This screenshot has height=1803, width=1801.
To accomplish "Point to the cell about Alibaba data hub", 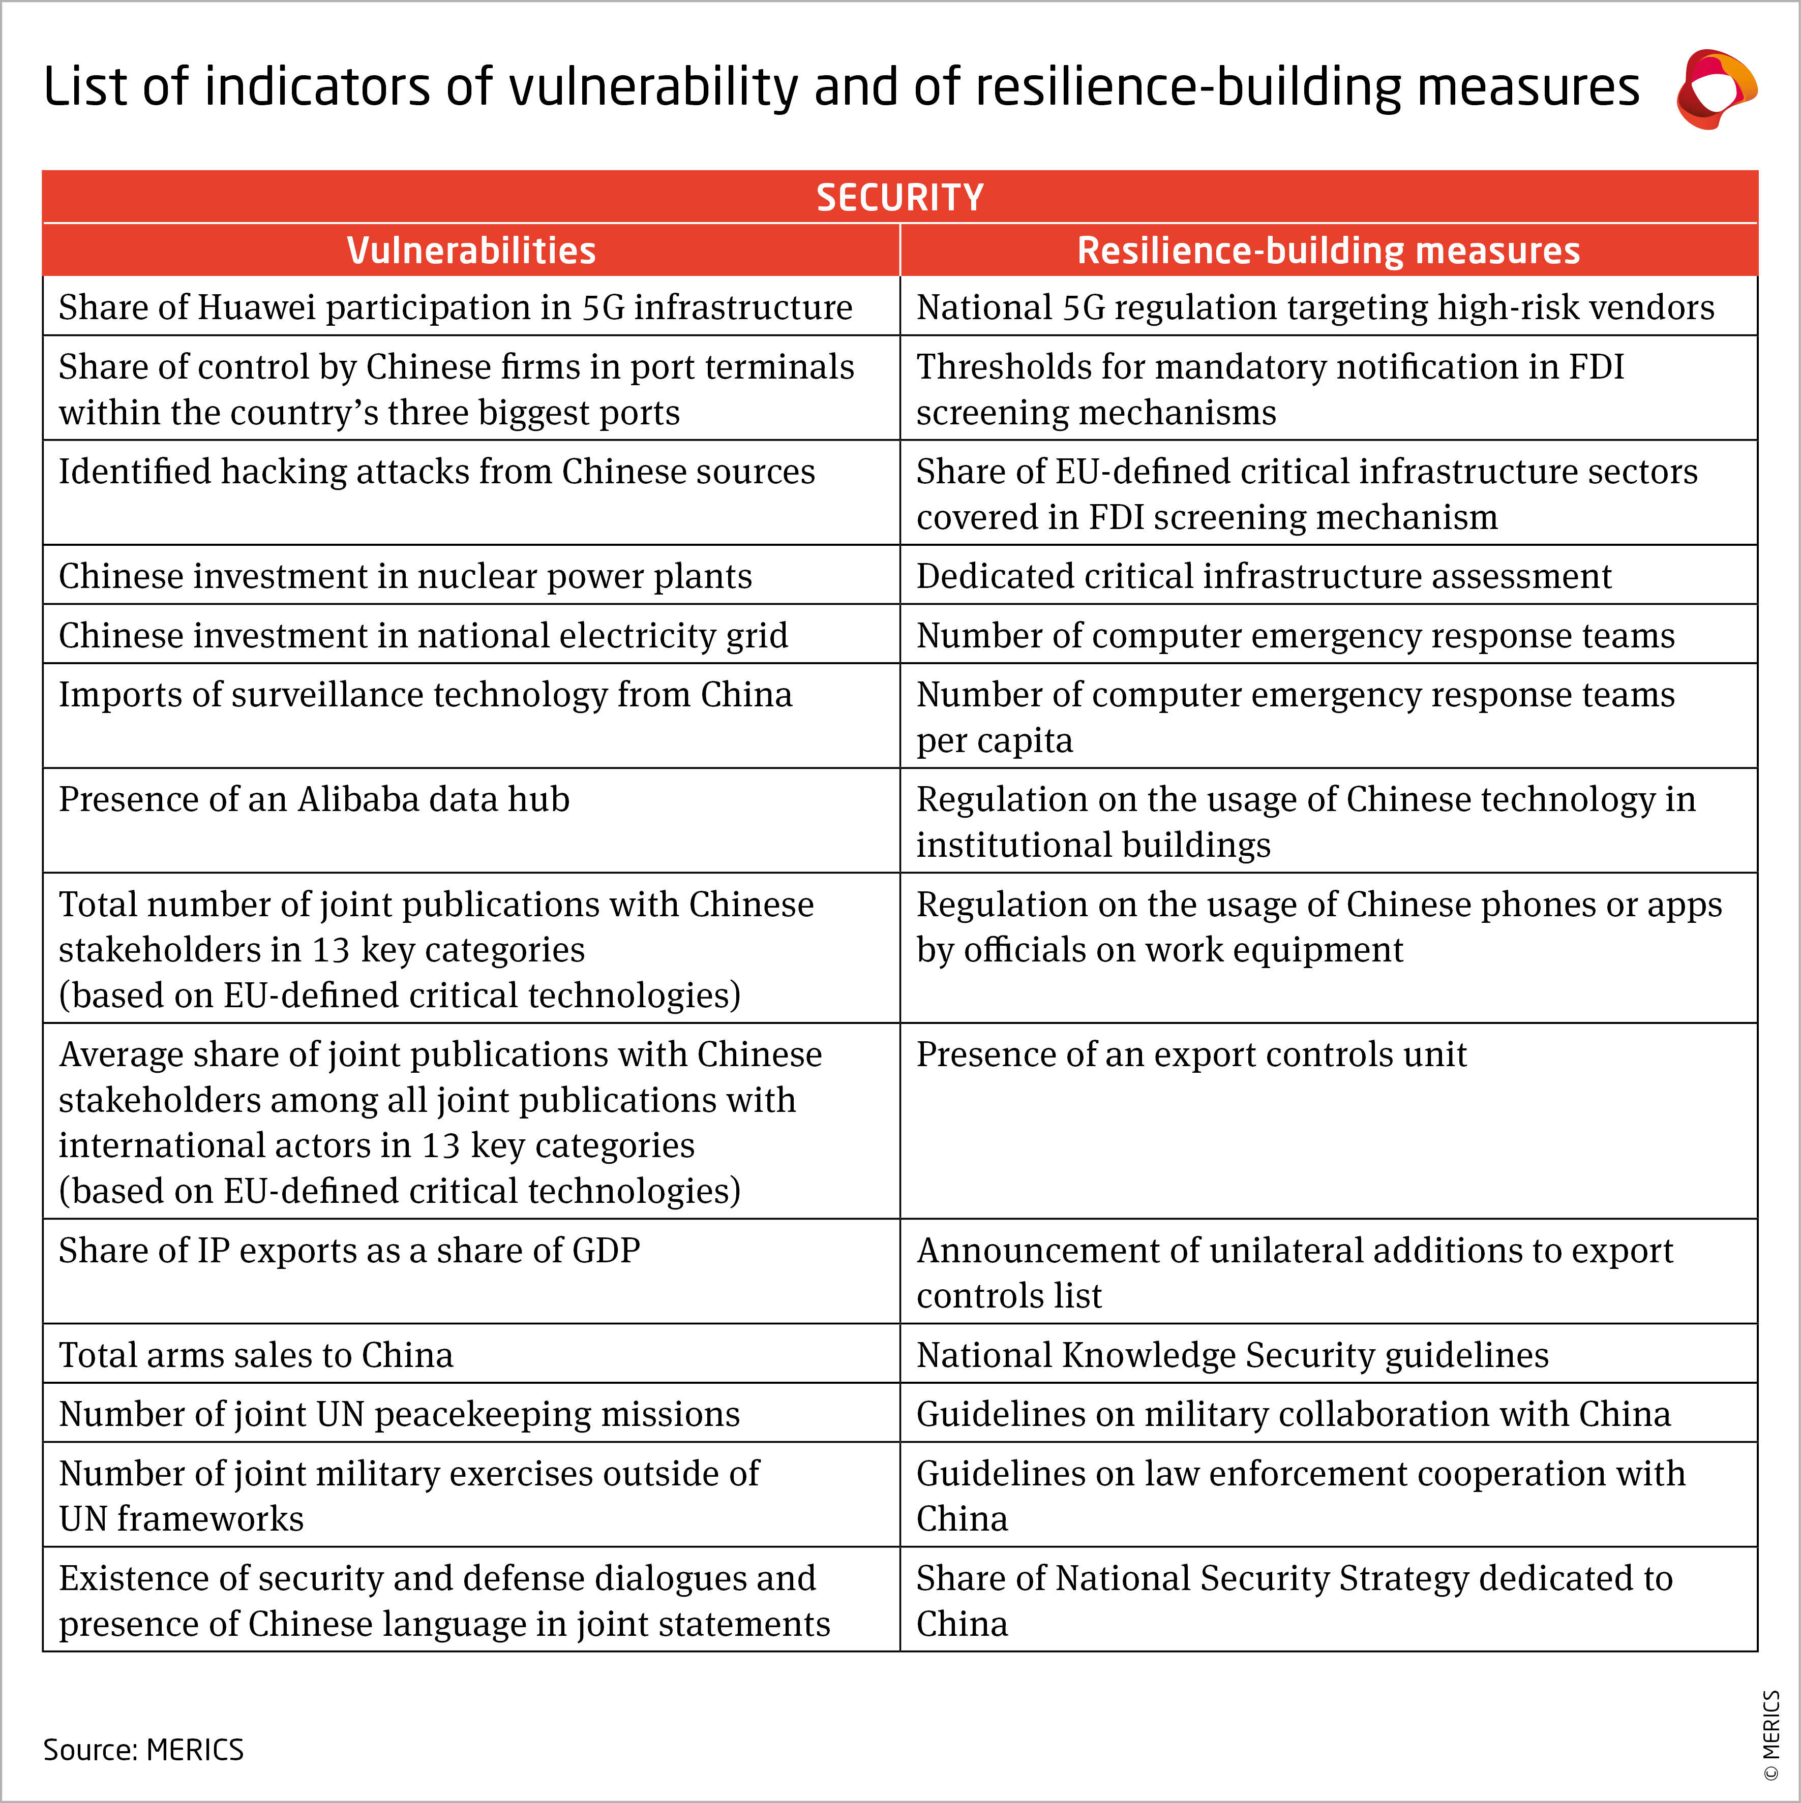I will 314,800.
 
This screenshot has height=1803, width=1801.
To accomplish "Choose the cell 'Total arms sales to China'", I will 256,1355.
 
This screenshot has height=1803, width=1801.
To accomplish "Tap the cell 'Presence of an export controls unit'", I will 1191,1054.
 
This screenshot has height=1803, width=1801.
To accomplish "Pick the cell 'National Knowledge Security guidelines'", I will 1233,1355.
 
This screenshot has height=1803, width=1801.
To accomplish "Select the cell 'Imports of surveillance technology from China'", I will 425,695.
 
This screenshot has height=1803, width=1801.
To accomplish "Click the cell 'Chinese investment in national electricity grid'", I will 423,636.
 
